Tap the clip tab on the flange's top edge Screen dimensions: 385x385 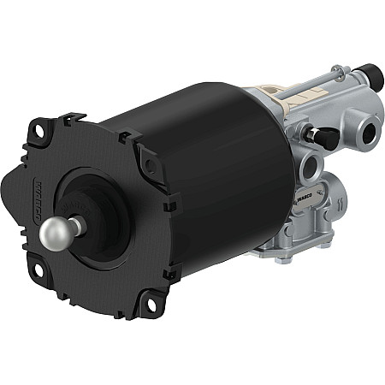coord(74,117)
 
